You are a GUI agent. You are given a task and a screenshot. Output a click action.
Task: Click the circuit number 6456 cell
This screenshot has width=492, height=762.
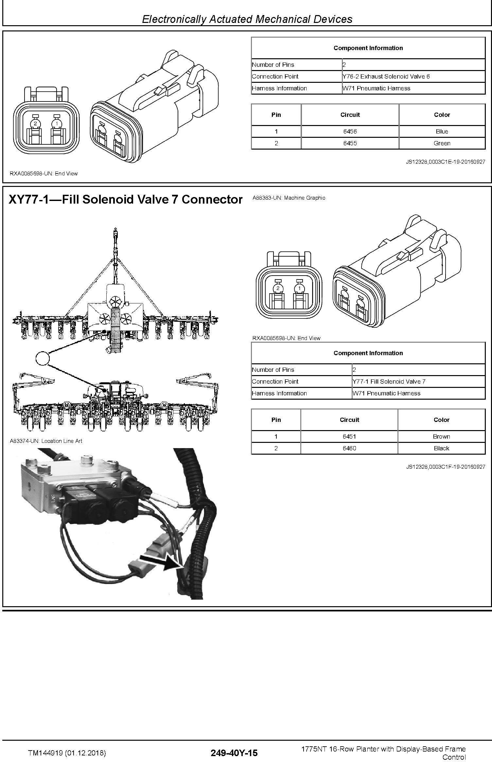(350, 131)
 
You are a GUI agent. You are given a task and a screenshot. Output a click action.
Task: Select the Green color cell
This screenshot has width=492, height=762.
(442, 143)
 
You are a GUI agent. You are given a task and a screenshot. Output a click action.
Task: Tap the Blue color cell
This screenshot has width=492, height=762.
(442, 131)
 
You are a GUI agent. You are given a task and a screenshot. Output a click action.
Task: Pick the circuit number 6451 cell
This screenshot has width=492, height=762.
(349, 436)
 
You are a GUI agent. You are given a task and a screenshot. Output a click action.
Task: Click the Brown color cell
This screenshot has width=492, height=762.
(441, 436)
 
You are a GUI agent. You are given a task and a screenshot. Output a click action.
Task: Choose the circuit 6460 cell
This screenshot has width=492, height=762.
(349, 448)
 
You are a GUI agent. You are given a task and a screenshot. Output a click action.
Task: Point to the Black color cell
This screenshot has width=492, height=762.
(441, 448)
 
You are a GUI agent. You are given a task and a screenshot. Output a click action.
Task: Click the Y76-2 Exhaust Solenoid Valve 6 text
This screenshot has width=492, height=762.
(386, 76)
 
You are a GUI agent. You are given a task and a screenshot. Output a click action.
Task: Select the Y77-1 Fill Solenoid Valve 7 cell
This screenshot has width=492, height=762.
(418, 381)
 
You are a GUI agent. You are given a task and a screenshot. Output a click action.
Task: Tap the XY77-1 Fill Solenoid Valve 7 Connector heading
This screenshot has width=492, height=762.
(126, 199)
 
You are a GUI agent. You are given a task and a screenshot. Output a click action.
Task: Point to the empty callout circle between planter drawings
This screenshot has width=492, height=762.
(42, 358)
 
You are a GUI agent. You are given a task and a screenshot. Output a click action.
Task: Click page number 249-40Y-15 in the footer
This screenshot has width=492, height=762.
(234, 753)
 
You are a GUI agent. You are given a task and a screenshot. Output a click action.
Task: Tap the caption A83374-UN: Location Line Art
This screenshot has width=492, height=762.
(46, 441)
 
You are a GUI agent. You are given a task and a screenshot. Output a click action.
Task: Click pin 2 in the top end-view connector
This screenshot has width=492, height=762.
(35, 123)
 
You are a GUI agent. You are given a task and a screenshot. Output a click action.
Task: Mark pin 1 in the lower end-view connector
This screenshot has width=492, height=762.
(299, 288)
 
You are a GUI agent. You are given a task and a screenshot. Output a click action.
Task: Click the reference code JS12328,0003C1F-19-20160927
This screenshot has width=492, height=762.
(446, 467)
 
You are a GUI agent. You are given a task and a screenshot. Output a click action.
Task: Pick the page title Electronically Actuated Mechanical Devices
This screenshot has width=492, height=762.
(247, 19)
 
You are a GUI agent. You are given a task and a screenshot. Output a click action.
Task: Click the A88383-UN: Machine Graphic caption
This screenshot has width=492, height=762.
(289, 198)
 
